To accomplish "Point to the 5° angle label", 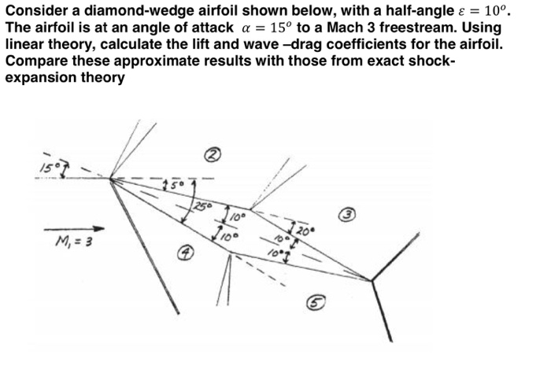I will [x=171, y=185].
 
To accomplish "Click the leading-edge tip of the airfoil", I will [x=111, y=179].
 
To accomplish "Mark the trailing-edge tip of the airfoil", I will [x=371, y=279].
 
